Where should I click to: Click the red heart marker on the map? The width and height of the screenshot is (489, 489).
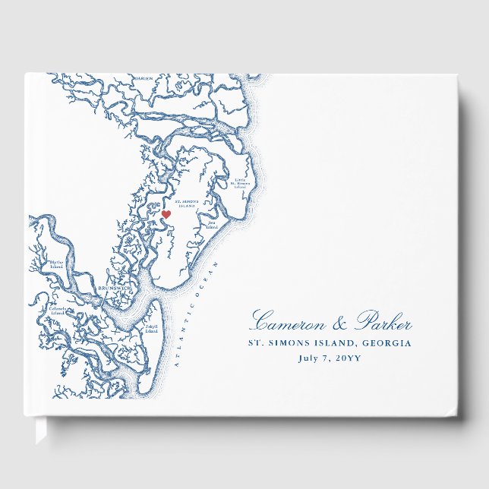click(166, 215)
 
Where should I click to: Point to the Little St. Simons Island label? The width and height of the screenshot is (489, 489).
click(240, 182)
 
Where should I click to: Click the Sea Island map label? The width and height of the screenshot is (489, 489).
click(211, 224)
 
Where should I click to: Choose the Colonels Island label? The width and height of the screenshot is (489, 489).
click(57, 311)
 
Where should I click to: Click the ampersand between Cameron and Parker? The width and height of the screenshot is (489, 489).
click(338, 323)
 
